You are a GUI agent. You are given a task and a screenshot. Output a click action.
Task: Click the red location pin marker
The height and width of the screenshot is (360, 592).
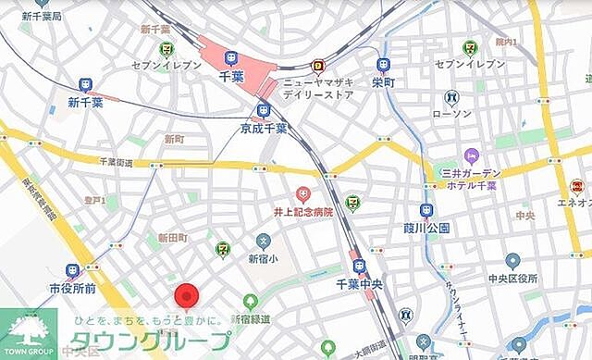[188, 296]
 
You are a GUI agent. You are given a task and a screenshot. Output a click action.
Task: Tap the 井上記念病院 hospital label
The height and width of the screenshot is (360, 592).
[302, 213]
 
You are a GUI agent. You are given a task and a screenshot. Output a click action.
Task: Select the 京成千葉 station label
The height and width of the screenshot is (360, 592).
[265, 128]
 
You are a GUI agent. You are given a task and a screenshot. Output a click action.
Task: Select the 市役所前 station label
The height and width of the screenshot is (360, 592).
[72, 288]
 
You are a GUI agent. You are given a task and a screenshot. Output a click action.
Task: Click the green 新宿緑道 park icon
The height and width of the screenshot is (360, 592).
[250, 302]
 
